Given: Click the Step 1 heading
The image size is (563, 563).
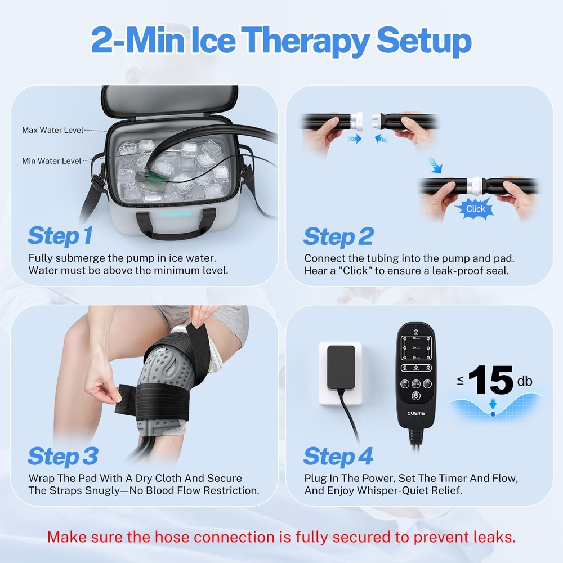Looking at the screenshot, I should point(60,236).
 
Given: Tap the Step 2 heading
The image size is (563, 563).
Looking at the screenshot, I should point(338,237).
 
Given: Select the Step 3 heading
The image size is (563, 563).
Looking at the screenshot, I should point(62,457).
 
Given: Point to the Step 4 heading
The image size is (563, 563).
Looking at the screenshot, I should point(338,457).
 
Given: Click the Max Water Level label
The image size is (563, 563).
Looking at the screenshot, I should point(52,131).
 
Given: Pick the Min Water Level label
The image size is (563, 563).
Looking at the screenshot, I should point(52,161).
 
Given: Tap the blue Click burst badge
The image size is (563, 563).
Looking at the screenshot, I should point(475,209).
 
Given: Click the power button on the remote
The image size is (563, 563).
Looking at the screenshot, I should point(415,395).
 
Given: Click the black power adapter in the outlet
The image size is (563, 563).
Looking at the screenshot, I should point(341,365).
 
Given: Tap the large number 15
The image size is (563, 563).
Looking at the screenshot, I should point(490,381).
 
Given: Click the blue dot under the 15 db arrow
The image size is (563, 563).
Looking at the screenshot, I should point(493,414).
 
